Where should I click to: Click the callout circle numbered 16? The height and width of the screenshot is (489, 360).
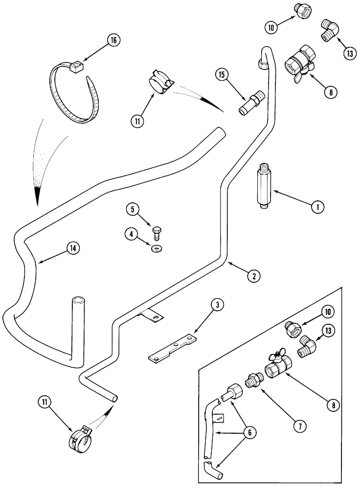(113, 41)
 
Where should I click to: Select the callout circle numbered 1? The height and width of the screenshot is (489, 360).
(316, 207)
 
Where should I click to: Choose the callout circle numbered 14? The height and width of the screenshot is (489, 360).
(72, 248)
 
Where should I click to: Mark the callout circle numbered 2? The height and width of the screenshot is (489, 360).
(253, 276)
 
